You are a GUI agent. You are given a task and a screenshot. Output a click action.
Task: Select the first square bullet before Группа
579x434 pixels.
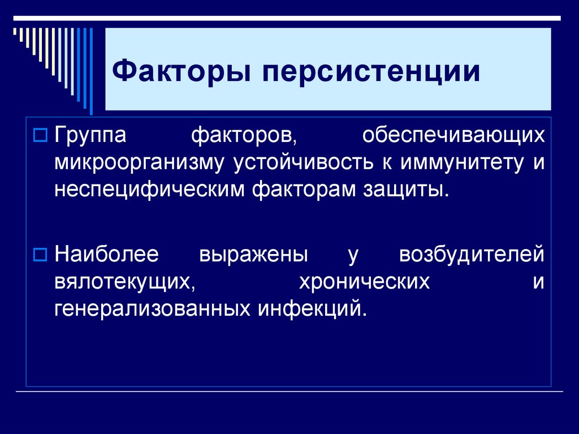tap(40, 136)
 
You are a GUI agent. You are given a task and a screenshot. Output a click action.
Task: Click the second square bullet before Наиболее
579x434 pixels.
tap(40, 255)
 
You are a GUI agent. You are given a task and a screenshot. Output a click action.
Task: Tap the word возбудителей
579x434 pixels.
tap(472, 255)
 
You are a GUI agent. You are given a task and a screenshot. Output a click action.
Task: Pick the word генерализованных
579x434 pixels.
tap(153, 308)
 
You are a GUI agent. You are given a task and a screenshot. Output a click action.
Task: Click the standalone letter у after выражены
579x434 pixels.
tap(353, 256)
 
